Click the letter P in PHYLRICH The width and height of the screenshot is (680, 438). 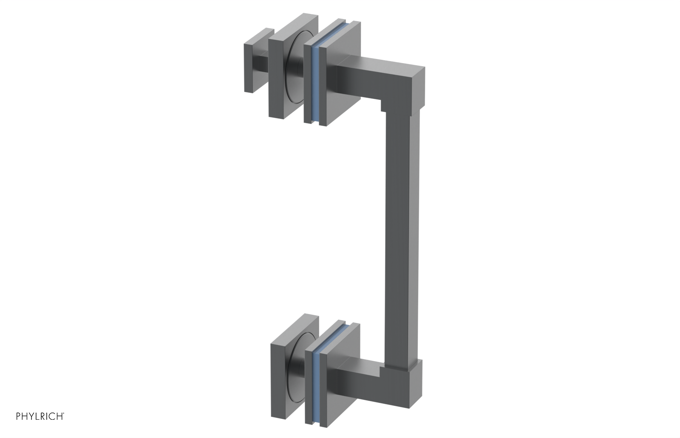point(18,416)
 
